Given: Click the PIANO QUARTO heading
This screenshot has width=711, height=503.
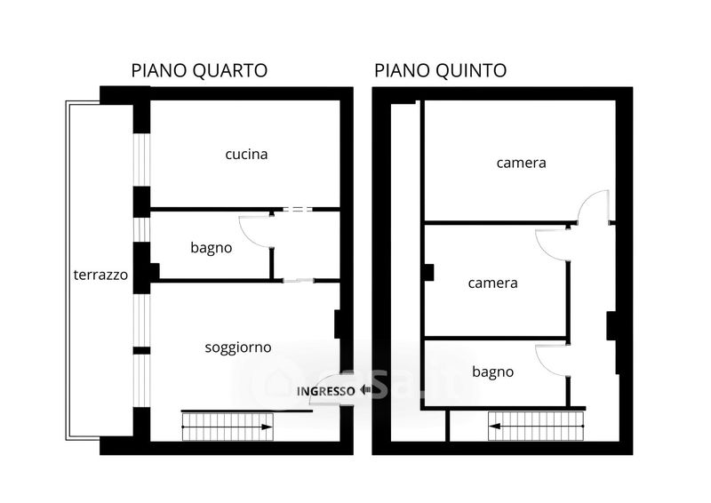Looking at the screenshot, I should pyautogui.click(x=199, y=71).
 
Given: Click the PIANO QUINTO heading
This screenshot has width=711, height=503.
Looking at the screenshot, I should pyautogui.click(x=441, y=71).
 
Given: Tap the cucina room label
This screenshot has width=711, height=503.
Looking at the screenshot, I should pyautogui.click(x=246, y=155).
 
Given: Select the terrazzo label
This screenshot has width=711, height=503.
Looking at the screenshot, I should pyautogui.click(x=100, y=275).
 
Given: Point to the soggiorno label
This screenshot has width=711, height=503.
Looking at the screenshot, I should pyautogui.click(x=238, y=347).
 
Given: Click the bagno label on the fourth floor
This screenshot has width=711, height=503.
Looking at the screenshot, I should pyautogui.click(x=212, y=248).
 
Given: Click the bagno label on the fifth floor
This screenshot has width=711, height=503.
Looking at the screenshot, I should pyautogui.click(x=493, y=372).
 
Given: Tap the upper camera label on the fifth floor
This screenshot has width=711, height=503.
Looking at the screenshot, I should pyautogui.click(x=521, y=163).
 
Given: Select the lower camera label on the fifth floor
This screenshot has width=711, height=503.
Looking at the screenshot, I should pyautogui.click(x=493, y=283).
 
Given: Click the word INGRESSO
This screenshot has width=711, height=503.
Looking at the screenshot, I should pyautogui.click(x=326, y=391).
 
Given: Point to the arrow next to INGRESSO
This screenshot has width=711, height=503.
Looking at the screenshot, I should pyautogui.click(x=365, y=390).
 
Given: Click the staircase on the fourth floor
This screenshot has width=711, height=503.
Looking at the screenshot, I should pyautogui.click(x=228, y=427).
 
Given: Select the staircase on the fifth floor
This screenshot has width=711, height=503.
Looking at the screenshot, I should pyautogui.click(x=535, y=427).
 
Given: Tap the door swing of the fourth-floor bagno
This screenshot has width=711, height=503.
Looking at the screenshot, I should pyautogui.click(x=254, y=230).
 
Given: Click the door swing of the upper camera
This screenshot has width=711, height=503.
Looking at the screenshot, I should pyautogui.click(x=593, y=207).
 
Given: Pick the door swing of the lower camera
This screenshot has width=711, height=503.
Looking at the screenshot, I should pyautogui.click(x=552, y=244).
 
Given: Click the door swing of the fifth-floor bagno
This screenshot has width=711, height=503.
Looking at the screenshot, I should pyautogui.click(x=552, y=360).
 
